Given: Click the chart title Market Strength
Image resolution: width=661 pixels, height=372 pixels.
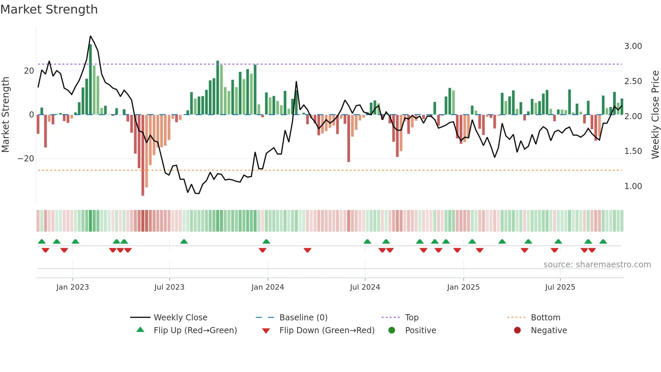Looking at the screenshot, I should pyautogui.click(x=49, y=9).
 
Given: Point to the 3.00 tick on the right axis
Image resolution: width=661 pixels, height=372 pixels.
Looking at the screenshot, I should pyautogui.click(x=633, y=46).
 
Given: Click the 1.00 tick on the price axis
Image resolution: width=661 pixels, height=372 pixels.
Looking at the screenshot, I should pyautogui.click(x=633, y=186).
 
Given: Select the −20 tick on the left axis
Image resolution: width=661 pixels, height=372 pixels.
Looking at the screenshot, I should pyautogui.click(x=26, y=159).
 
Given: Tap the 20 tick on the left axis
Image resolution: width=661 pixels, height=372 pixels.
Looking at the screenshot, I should pyautogui.click(x=29, y=71).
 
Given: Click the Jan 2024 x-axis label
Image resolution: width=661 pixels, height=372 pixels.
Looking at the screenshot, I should pyautogui.click(x=267, y=287).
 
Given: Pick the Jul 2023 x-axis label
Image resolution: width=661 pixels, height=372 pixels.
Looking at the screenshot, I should pyautogui.click(x=169, y=287).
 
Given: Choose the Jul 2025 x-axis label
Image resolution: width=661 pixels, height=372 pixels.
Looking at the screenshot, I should pyautogui.click(x=560, y=287).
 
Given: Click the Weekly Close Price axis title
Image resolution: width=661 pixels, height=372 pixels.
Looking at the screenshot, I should pyautogui.click(x=655, y=115).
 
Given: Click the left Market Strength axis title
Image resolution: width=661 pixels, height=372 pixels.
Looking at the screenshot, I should pyautogui.click(x=6, y=115).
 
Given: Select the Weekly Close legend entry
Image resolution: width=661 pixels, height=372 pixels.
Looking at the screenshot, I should pyautogui.click(x=180, y=318).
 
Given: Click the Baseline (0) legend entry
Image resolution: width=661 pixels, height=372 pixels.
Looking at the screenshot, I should pyautogui.click(x=303, y=318).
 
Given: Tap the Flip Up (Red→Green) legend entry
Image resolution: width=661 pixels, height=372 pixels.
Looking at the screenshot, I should pyautogui.click(x=195, y=330).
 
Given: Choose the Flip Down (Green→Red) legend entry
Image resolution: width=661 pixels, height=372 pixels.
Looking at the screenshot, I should pyautogui.click(x=326, y=330).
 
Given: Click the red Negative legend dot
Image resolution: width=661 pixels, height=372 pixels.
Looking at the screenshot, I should pyautogui.click(x=517, y=330).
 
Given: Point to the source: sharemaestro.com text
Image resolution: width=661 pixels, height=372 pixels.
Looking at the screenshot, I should pyautogui.click(x=597, y=265).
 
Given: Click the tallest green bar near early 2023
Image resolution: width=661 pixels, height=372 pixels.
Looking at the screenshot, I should pyautogui.click(x=90, y=79).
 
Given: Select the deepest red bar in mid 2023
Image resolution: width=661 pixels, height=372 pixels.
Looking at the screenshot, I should pyautogui.click(x=143, y=155).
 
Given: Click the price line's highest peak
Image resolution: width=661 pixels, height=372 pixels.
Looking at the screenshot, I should pyautogui.click(x=90, y=36).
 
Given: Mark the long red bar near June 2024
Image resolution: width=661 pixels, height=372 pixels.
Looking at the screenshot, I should pyautogui.click(x=349, y=138).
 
